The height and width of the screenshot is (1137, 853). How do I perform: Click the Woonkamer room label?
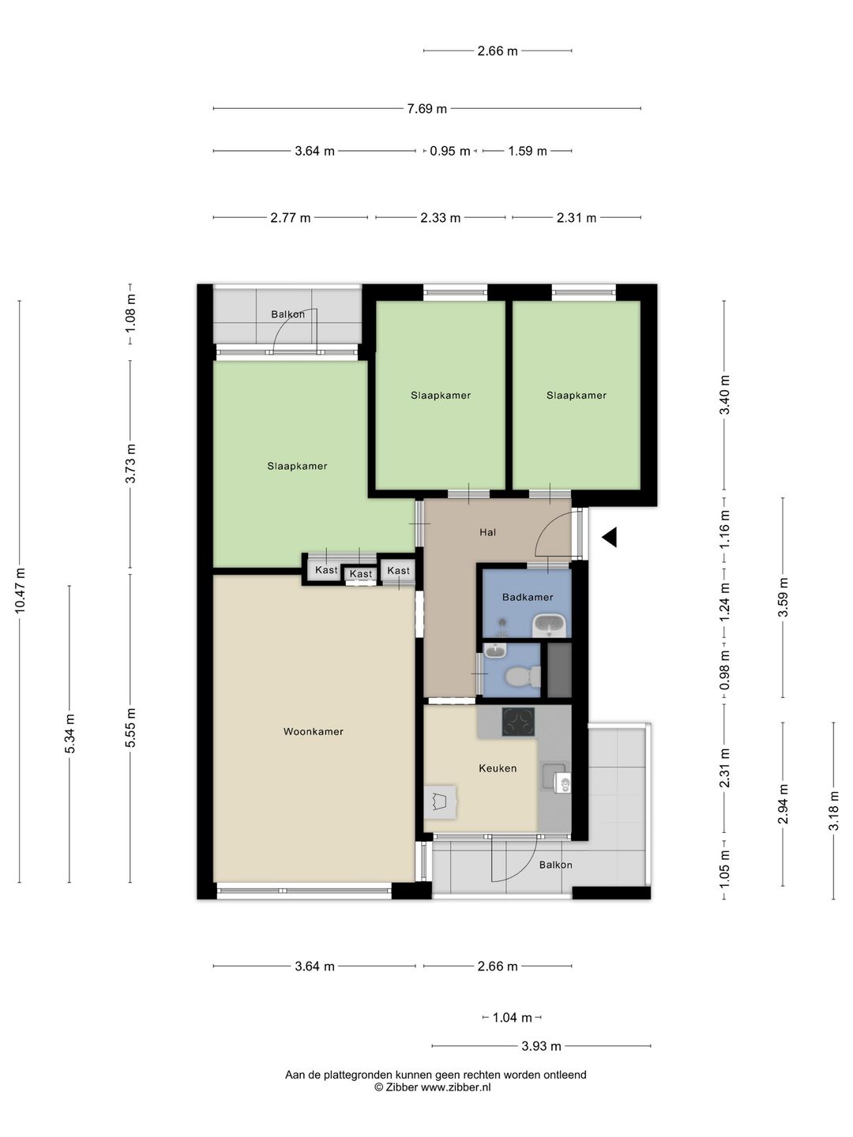[x=314, y=731]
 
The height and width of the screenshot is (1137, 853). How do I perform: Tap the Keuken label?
[x=498, y=768]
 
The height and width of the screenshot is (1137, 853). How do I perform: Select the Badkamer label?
[x=528, y=597]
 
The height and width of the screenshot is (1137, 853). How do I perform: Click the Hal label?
[x=488, y=532]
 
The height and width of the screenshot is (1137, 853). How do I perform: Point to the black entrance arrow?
[x=610, y=537]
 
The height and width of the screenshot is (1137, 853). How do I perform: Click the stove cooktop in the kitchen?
[x=518, y=722]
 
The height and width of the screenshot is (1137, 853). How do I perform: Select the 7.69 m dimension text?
[x=426, y=109]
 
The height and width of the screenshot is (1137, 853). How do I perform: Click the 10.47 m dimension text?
[x=20, y=591]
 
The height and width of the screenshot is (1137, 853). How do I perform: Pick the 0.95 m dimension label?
[x=450, y=152]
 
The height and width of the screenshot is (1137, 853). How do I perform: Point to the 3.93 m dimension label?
[x=541, y=1046]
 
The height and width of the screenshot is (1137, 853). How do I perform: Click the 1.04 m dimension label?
[x=513, y=1017]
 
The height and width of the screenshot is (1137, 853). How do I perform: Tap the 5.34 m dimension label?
[x=70, y=734]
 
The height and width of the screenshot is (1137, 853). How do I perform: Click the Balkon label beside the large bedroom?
[x=288, y=314]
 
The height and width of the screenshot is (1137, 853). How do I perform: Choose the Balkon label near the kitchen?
[x=556, y=865]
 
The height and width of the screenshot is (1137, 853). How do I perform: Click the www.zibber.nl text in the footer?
[x=455, y=1087]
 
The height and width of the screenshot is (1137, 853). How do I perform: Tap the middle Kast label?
[x=361, y=574]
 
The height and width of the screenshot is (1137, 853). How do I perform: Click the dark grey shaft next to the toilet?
[x=559, y=670]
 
